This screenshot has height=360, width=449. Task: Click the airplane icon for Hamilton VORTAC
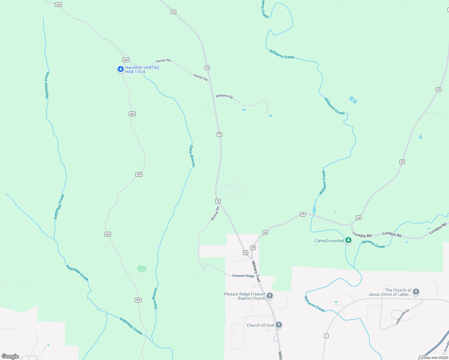click(121, 69)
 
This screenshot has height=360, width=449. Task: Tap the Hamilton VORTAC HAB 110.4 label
click(142, 70)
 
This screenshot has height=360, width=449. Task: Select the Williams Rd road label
click(224, 96)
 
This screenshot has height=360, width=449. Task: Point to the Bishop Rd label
click(215, 214)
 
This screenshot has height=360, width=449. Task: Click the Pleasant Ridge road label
click(243, 276)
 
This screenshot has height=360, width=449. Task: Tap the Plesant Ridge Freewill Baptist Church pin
click(270, 296)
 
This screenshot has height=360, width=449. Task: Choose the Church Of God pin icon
click(279, 325)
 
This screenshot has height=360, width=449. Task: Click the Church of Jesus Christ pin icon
click(416, 291)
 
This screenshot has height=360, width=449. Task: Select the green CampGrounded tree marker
click(348, 240)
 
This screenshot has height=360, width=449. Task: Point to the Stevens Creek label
click(373, 244)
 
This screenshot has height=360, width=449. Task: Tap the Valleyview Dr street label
click(402, 316)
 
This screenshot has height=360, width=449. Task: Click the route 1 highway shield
click(326, 336)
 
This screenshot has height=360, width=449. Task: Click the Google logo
click(10, 356)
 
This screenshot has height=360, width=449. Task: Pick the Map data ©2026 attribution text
click(436, 358)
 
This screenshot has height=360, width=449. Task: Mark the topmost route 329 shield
click(59, 5)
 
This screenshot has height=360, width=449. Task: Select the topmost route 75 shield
click(173, 12)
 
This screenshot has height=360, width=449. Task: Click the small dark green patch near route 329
click(142, 268)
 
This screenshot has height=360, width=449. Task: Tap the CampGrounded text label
click(329, 241)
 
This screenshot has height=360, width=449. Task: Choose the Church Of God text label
click(260, 325)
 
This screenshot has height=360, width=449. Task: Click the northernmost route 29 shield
click(438, 89)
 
